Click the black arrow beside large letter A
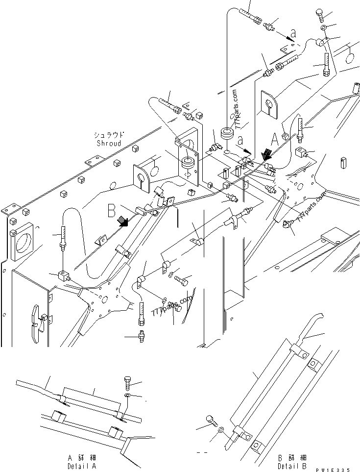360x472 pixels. click(x=266, y=155)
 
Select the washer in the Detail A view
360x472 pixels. click(x=127, y=395)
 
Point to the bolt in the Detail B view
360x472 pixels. click(x=211, y=422)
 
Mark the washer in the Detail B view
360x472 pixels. click(x=221, y=429)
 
